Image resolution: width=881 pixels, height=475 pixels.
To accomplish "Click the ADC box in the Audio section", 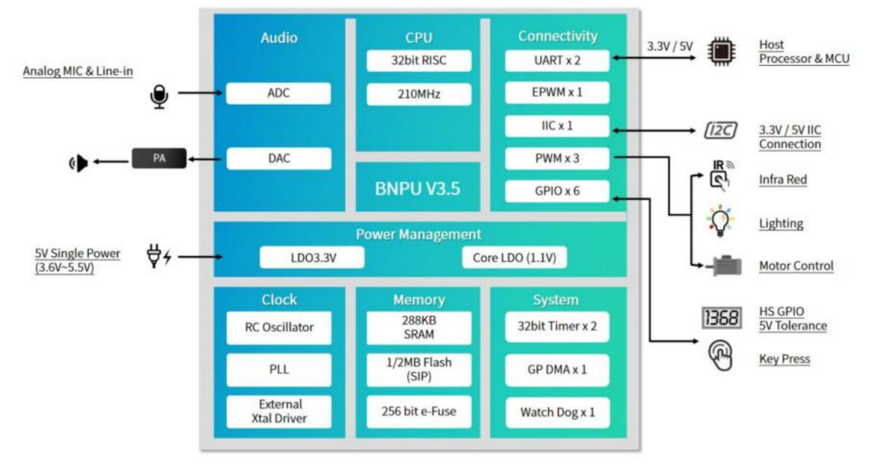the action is pos(279,93).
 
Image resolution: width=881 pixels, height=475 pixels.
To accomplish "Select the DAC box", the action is pos(279,158).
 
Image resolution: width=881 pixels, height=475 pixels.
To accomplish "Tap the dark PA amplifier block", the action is pos(159,158).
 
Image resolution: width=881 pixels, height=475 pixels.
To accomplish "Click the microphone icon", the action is pos(159,97).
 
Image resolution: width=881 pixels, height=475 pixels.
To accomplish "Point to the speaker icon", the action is pos(78,163).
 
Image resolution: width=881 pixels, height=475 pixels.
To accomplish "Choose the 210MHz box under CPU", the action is pos(419,94).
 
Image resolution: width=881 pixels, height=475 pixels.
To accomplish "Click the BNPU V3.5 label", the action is pos(418,188).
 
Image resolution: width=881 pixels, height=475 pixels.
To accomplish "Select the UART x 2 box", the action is pos(557,61).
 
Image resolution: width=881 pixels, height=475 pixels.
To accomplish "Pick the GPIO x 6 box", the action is pos(557,191).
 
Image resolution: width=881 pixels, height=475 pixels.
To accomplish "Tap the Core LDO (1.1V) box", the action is pos(514,258).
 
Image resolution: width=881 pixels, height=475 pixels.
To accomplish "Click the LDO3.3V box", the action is pos(312,258).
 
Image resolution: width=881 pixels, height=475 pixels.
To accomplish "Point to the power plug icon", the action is pos(159,256).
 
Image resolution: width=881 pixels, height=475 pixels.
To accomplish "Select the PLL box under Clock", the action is pos(279,370).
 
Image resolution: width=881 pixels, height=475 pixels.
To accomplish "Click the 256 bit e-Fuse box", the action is pos(419,411).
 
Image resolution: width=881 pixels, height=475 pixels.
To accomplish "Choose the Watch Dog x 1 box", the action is pos(557,412).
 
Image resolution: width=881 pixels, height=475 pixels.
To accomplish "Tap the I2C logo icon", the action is pos(721,131).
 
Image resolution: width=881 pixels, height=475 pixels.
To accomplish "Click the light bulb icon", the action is pos(720,221).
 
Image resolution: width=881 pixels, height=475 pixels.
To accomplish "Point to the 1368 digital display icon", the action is pos(722,318).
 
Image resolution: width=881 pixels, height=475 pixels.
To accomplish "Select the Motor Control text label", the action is pos(796,266).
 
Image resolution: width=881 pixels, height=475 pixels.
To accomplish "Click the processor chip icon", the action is pos(722,52).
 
